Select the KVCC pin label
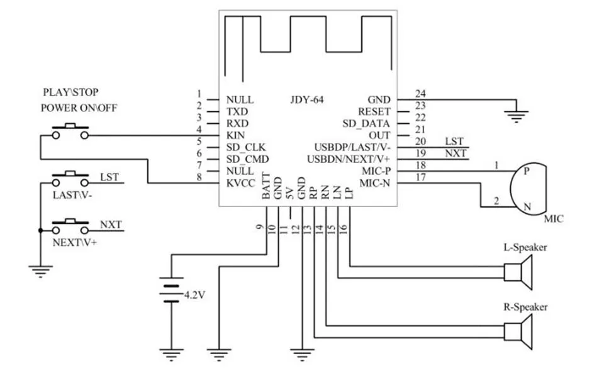[x=239, y=183]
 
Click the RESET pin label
[x=375, y=111]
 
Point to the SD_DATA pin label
[x=366, y=123]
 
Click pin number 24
[x=420, y=94]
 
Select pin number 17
[x=420, y=177]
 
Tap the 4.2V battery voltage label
[x=194, y=294]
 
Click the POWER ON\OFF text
[x=79, y=108]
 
